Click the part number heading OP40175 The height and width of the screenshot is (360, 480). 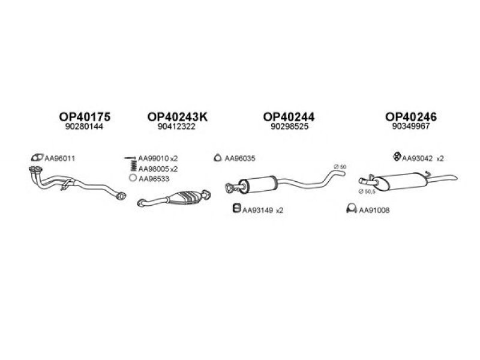coord(85,116)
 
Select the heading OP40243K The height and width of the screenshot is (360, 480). coord(177,116)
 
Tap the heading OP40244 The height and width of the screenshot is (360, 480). coord(289,116)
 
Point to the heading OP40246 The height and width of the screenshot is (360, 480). coord(411,116)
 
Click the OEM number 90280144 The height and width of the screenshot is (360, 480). coord(84,127)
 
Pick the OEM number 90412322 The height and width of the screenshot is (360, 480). coord(176,127)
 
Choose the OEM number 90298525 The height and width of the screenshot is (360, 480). coord(289,127)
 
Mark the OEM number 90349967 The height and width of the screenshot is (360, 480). coord(411,126)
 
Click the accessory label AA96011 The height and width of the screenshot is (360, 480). coord(59,158)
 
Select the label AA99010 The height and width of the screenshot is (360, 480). coord(154,158)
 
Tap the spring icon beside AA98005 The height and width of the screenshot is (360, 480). coord(133,166)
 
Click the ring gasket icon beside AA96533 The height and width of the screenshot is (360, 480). coord(133,178)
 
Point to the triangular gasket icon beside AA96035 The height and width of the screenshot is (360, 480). coord(217,158)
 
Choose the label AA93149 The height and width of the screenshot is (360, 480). coord(257,211)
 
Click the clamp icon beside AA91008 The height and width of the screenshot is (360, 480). coord(352,208)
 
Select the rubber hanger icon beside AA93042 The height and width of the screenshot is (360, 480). coord(397,157)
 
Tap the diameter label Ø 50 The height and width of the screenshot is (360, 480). coord(340,167)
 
